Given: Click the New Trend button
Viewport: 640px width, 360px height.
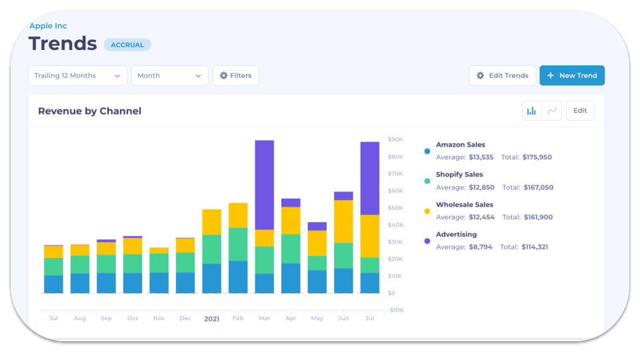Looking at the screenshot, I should [x=571, y=75].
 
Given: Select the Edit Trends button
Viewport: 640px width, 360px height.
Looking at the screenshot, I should [x=502, y=75].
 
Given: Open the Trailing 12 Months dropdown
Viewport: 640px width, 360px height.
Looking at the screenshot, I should [x=77, y=75].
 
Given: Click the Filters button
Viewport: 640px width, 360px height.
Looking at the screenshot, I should [x=235, y=75].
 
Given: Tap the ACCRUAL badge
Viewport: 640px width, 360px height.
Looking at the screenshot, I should [x=127, y=45].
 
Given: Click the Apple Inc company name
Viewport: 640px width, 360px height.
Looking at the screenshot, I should [x=48, y=26].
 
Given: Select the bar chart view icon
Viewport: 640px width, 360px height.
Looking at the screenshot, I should [x=531, y=111].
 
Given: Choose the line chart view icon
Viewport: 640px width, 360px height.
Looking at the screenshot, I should [x=552, y=111].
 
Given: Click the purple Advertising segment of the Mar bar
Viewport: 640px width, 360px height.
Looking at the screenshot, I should [x=264, y=185].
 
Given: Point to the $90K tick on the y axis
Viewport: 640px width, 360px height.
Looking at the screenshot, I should [x=395, y=140].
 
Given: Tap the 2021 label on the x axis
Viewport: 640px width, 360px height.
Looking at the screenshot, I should [x=211, y=319].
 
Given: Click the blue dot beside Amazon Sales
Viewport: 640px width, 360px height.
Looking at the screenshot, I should [x=427, y=151].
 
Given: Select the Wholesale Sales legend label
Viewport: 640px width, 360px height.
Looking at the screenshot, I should [x=464, y=205].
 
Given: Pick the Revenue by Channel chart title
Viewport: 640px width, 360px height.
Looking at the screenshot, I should [x=89, y=111].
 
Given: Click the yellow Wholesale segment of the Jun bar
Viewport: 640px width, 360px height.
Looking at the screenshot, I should [x=343, y=221].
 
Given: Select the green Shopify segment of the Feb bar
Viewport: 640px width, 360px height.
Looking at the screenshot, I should [x=238, y=244].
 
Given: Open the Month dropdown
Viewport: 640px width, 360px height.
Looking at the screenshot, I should [x=169, y=75].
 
